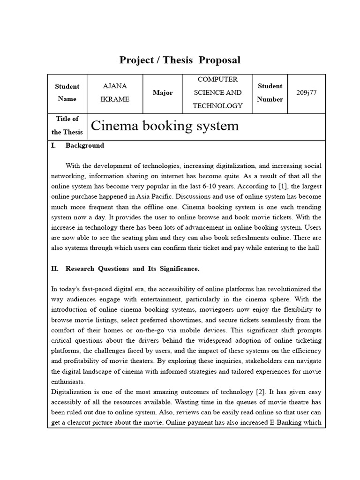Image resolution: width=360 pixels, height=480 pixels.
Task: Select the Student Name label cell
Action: coord(67,93)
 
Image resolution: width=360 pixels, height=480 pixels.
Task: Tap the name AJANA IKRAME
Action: coord(114,93)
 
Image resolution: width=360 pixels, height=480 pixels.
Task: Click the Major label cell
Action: coord(162,93)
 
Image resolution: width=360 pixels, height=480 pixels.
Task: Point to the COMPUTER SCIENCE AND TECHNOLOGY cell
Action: coord(217,93)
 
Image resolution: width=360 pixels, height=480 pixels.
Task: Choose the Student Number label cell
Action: coord(270,93)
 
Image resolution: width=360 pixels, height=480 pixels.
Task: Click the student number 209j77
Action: coord(307,93)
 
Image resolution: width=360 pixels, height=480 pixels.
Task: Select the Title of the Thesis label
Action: coord(67,126)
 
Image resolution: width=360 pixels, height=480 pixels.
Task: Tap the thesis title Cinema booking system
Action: coord(165,126)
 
